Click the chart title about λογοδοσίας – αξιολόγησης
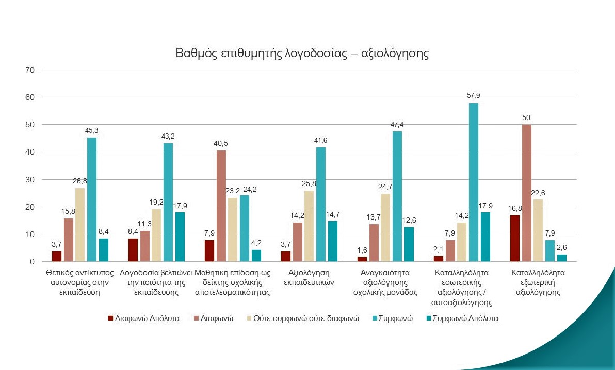click(x=302, y=53)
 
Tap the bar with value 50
click(x=527, y=193)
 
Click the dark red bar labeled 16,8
click(x=515, y=239)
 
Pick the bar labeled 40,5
click(x=221, y=206)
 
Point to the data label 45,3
click(x=91, y=131)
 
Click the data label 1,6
click(x=362, y=251)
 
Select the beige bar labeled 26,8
click(x=80, y=225)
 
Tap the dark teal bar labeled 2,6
click(x=561, y=258)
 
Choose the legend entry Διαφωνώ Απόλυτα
click(x=144, y=318)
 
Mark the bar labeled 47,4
click(x=397, y=196)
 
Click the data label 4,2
click(x=256, y=244)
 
